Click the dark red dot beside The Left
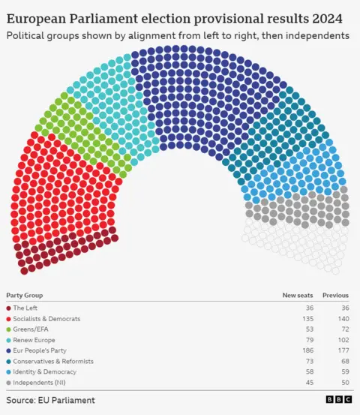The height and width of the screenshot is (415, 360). [x=8, y=308]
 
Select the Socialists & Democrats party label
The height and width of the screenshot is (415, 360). [x=46, y=318]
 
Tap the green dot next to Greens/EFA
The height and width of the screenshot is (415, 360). [x=8, y=329]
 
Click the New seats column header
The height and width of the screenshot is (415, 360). [x=297, y=295]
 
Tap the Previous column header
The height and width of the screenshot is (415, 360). [x=335, y=295]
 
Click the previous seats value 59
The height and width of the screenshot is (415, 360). [x=343, y=371]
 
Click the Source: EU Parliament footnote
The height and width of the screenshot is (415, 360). [x=51, y=400]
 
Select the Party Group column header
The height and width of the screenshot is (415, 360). [x=25, y=295]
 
